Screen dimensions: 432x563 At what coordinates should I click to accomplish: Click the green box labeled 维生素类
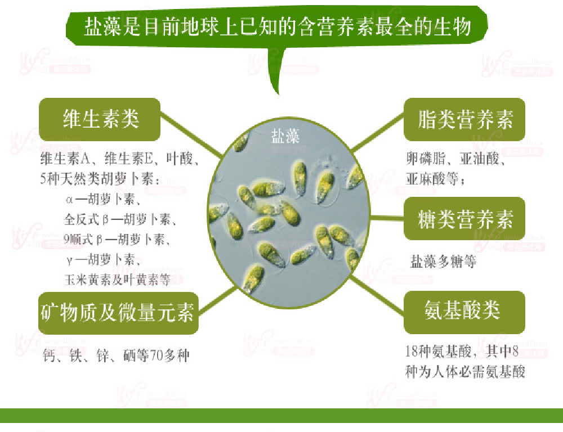100,119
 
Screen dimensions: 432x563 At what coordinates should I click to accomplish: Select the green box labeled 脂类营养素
464,120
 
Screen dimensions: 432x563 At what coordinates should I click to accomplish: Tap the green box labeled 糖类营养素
464,219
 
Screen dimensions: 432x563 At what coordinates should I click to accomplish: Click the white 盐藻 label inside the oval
285,137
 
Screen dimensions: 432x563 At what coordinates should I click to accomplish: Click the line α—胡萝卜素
103,199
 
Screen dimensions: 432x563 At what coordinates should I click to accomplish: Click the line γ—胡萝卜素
103,259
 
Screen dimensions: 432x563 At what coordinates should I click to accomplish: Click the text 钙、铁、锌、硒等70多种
116,355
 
